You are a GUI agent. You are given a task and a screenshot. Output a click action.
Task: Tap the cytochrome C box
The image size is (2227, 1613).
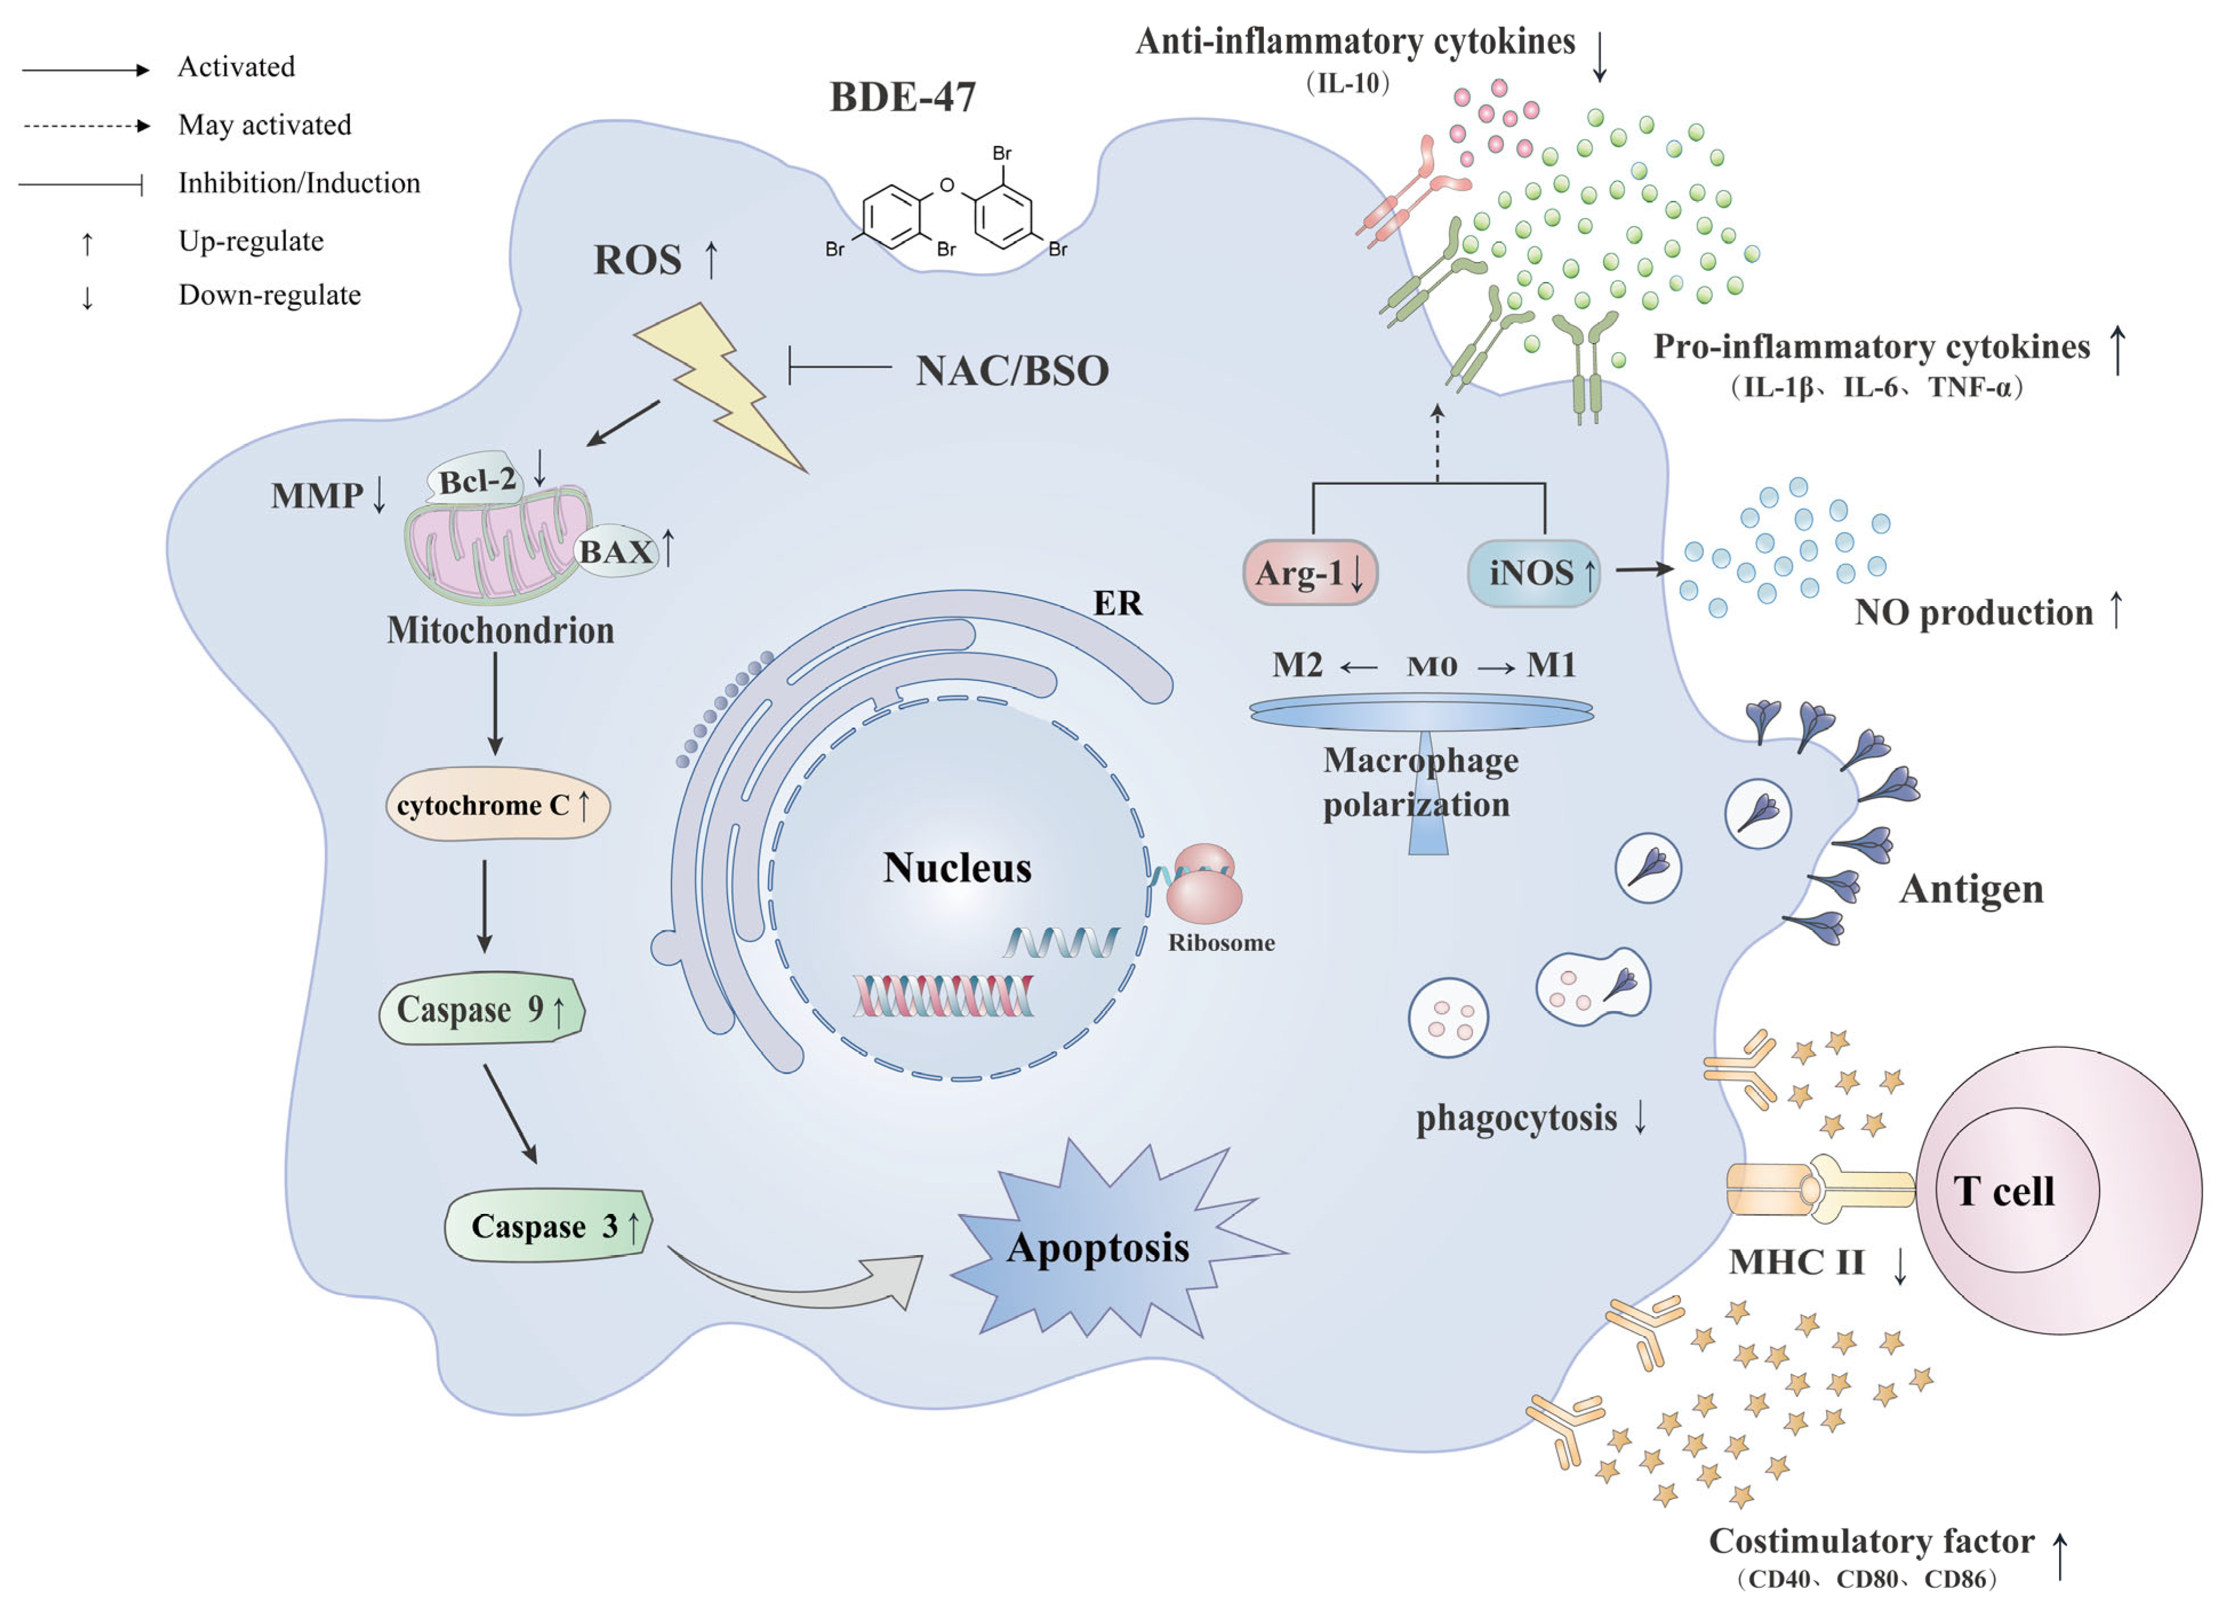pos(498,804)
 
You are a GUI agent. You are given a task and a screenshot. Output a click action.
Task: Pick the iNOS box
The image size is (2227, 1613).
pos(1534,572)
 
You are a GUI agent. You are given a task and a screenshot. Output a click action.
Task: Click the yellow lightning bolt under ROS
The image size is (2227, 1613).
pos(722,386)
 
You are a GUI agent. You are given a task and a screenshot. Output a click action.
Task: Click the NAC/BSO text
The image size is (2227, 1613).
pos(1012,370)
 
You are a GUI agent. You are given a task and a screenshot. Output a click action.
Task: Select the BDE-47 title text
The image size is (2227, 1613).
pos(903,96)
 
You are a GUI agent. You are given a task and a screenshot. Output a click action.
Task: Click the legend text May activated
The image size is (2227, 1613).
pos(264,124)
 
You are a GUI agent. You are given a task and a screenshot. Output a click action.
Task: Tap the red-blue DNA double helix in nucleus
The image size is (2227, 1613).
pos(943,995)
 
